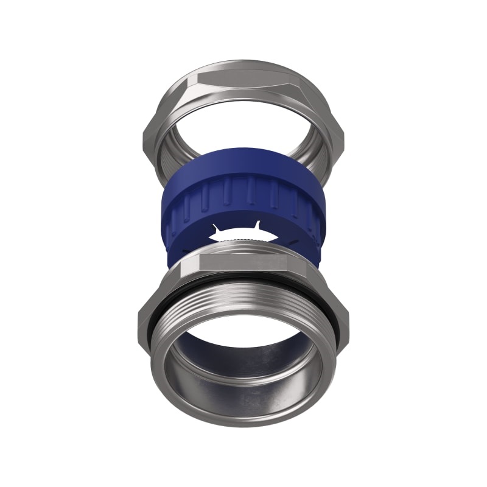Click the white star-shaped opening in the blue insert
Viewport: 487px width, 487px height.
(243, 234)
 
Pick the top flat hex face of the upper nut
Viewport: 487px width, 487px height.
(243, 73)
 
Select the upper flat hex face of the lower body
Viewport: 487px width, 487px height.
(243, 262)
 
